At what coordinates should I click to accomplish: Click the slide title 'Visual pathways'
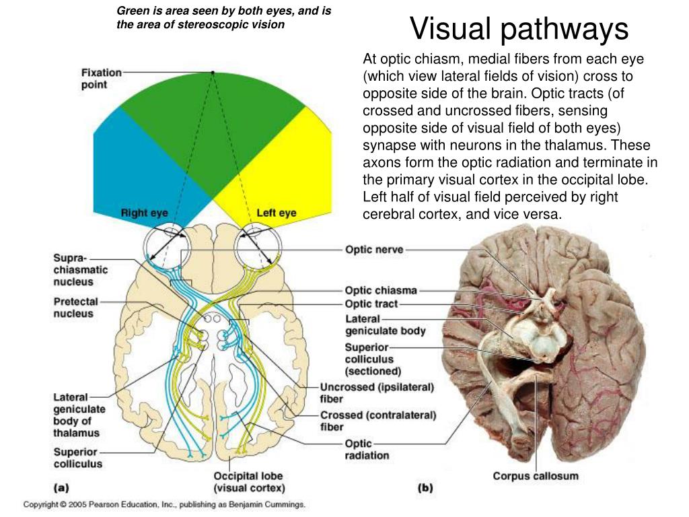point(519,29)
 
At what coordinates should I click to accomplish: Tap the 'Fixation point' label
point(102,78)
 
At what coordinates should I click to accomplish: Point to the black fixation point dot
point(213,72)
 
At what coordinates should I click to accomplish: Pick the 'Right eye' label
point(144,213)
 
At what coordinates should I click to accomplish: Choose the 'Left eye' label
point(276,213)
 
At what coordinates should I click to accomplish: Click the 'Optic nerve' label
point(374,250)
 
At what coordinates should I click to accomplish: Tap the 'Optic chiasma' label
point(381,291)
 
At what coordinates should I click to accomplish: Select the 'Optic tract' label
point(371,304)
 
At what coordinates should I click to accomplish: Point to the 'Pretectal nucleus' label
point(76,308)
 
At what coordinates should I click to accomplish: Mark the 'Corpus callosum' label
point(535,476)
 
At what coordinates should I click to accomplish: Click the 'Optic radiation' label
point(367,450)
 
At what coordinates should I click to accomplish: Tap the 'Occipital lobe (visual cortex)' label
point(249,482)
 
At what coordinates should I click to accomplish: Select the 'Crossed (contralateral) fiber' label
point(377,421)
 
